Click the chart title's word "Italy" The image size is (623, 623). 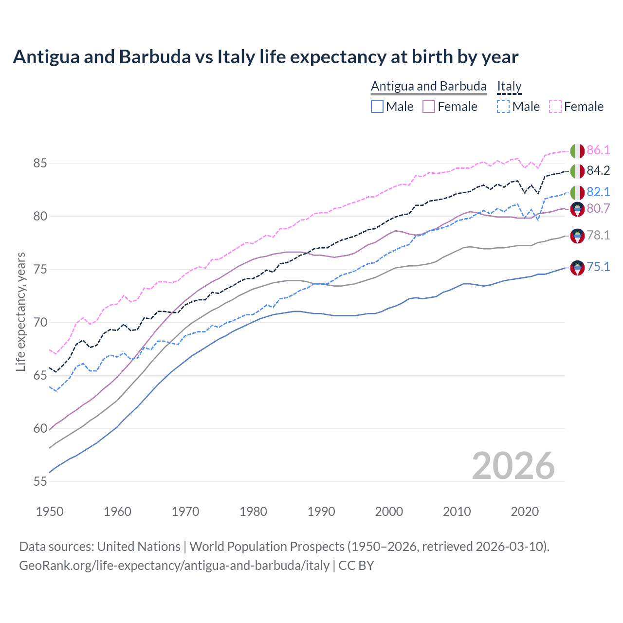(x=236, y=57)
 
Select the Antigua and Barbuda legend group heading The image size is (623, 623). (x=428, y=86)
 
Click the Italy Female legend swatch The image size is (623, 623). (x=555, y=107)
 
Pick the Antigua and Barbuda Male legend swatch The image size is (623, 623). (x=377, y=107)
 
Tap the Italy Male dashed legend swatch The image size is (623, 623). (x=504, y=107)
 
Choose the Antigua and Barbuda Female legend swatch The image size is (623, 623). (x=429, y=107)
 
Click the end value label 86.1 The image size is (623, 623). (x=598, y=150)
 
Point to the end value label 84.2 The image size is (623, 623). (x=598, y=170)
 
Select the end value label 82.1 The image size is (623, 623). (x=598, y=192)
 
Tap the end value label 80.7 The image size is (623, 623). (x=598, y=208)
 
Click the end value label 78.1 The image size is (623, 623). (x=598, y=235)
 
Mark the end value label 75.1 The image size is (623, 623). (x=598, y=267)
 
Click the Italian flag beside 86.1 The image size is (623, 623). (x=577, y=150)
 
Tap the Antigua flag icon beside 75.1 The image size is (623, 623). (x=577, y=267)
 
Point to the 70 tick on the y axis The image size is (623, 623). (x=40, y=322)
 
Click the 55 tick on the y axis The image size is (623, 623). (x=40, y=481)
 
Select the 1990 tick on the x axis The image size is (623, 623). (x=321, y=512)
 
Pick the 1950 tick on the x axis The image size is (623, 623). (x=50, y=512)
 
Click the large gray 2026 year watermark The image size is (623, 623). (x=513, y=466)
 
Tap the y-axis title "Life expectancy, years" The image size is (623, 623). (x=20, y=311)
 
